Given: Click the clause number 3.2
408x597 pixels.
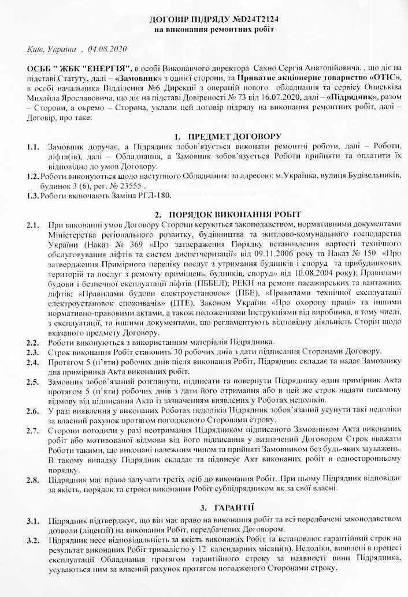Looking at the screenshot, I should tap(33, 540).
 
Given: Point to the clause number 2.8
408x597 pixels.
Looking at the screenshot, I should tap(33, 480).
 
